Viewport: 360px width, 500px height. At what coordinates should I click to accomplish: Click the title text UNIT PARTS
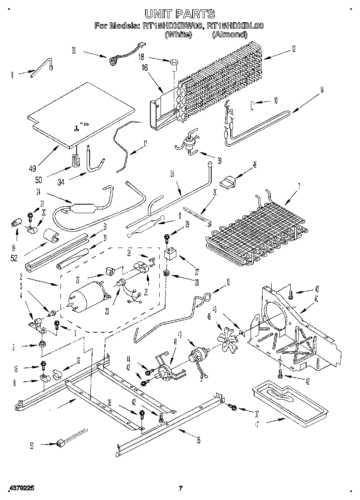click(x=180, y=14)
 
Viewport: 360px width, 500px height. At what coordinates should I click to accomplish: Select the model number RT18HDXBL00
click(x=235, y=26)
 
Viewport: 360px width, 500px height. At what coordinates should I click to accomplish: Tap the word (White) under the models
click(x=178, y=34)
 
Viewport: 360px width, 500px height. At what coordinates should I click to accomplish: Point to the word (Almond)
click(x=229, y=34)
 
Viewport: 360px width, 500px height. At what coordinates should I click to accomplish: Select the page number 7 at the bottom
click(x=181, y=488)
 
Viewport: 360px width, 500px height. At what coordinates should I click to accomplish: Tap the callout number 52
click(x=14, y=258)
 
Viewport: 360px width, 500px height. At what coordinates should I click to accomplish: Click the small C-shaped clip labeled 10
click(x=252, y=106)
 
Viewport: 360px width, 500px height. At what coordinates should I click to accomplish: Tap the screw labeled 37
click(x=232, y=406)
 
